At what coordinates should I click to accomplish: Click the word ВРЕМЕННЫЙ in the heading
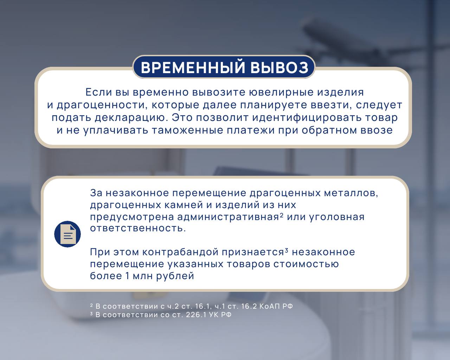[193, 67]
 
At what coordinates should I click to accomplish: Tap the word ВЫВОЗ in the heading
[279, 67]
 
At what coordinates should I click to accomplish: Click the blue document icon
[67, 234]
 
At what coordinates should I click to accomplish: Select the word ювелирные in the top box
[281, 92]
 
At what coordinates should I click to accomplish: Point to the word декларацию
[131, 118]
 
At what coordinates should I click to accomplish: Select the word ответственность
[138, 228]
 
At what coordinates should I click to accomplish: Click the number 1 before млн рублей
[127, 276]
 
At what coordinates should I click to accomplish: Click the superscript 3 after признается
[287, 250]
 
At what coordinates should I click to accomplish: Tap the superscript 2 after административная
[281, 215]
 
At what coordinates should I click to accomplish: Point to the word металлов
[351, 193]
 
